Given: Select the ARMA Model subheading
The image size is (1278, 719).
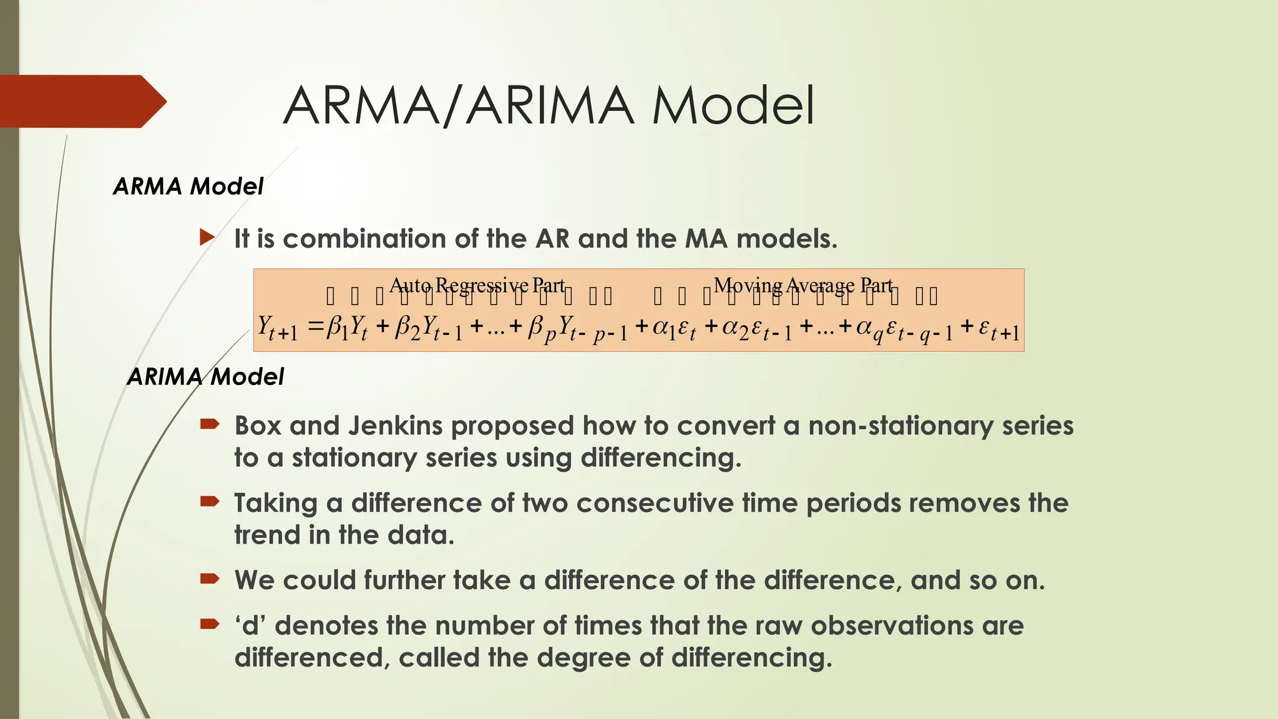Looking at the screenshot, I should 188,186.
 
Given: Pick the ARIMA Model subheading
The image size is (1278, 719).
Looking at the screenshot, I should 205,376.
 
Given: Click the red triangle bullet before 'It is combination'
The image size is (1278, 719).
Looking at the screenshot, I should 207,237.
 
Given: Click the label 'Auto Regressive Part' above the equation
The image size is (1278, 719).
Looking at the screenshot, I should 477,285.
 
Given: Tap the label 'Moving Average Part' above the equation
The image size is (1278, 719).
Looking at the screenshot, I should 803,285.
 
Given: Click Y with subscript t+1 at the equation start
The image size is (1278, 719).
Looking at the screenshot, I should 278,328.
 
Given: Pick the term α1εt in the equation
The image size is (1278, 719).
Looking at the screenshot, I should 674,328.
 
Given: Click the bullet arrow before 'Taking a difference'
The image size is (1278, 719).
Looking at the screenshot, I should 209,501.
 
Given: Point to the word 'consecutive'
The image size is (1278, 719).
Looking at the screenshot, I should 655,504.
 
